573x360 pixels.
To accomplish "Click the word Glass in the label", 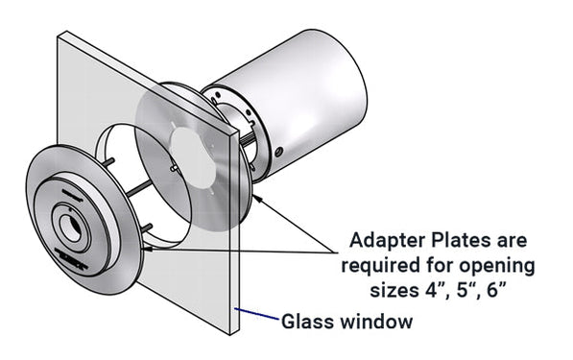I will [x=304, y=322].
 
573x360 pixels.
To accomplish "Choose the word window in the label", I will [x=372, y=322].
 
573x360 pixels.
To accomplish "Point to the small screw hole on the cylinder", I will [x=278, y=152].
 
